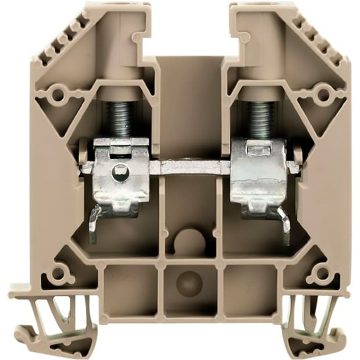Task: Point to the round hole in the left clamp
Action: tap(117, 171)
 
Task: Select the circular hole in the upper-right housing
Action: tap(322, 94)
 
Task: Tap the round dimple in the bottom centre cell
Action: tap(190, 283)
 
